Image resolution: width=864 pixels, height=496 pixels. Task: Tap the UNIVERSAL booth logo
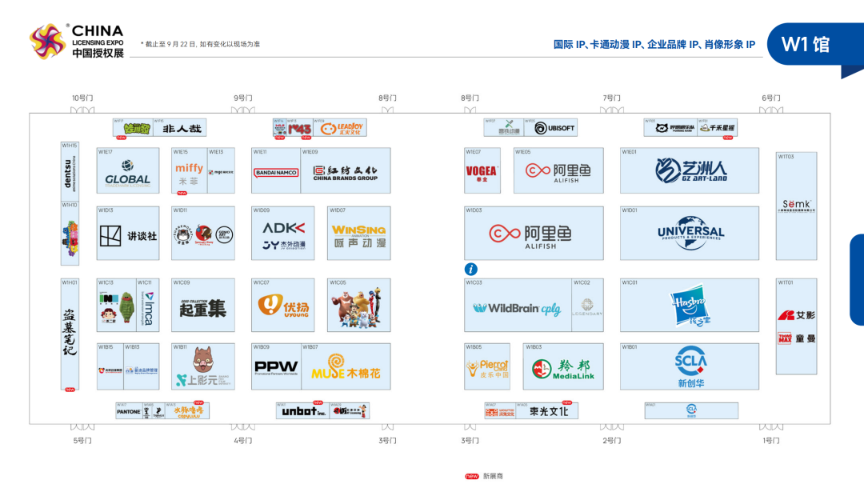coord(690,233)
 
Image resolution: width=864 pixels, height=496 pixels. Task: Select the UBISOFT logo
coord(554,128)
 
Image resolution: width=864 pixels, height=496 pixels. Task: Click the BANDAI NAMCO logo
coord(276,172)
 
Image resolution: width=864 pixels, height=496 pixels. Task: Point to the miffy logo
coord(190,168)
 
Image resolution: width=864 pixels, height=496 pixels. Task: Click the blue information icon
coord(471,270)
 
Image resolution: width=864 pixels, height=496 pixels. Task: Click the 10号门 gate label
coord(82,98)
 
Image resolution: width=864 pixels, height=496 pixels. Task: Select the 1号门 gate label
coord(770,440)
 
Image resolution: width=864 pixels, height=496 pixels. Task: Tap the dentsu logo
coord(70,170)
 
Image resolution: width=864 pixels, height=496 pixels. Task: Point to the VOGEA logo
coord(481,170)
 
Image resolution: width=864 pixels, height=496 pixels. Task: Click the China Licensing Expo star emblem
coord(46,42)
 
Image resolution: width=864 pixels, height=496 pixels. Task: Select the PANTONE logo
coord(129,412)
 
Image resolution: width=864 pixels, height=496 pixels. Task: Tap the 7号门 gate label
coord(611,98)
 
